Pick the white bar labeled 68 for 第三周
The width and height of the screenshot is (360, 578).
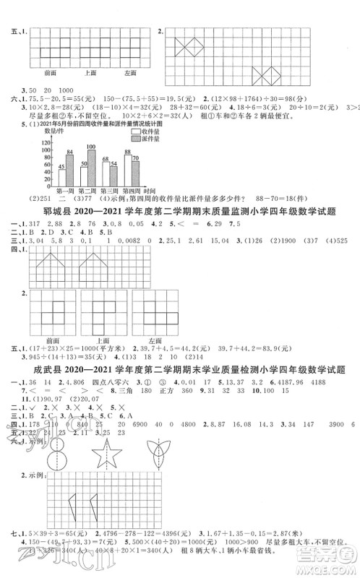pos(105,172)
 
